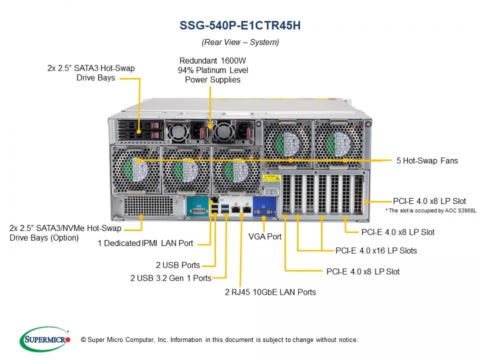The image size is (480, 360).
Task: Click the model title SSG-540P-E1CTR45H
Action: pyautogui.click(x=240, y=25)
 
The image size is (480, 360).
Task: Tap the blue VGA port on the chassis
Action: pyautogui.click(x=264, y=207)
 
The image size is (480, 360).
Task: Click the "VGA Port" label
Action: pyautogui.click(x=265, y=236)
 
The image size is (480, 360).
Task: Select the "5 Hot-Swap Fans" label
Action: pyautogui.click(x=427, y=161)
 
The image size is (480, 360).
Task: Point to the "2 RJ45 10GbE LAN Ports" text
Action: pyautogui.click(x=271, y=292)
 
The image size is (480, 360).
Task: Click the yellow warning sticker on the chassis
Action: pyautogui.click(x=271, y=178)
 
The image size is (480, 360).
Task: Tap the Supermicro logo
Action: pyautogui.click(x=45, y=339)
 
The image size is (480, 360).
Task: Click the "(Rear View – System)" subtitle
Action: pyautogui.click(x=241, y=42)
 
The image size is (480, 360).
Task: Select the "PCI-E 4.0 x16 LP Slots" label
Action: pyautogui.click(x=376, y=251)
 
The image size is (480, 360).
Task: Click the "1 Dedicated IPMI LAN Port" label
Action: pyautogui.click(x=145, y=244)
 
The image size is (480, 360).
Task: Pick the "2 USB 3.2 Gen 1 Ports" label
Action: pyautogui.click(x=171, y=278)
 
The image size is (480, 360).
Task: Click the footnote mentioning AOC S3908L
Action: pyautogui.click(x=431, y=211)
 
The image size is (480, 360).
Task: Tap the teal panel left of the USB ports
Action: pyautogui.click(x=198, y=207)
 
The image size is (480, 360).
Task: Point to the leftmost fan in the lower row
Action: pyautogui.click(x=136, y=170)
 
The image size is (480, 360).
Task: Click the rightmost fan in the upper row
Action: pyautogui.click(x=338, y=144)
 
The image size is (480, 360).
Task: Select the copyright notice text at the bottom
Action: pyautogui.click(x=219, y=340)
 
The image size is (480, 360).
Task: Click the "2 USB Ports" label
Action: pyautogui.click(x=178, y=265)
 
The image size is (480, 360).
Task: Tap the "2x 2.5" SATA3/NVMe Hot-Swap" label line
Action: pyautogui.click(x=65, y=228)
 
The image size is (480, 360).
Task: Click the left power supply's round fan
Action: pyautogui.click(x=178, y=131)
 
